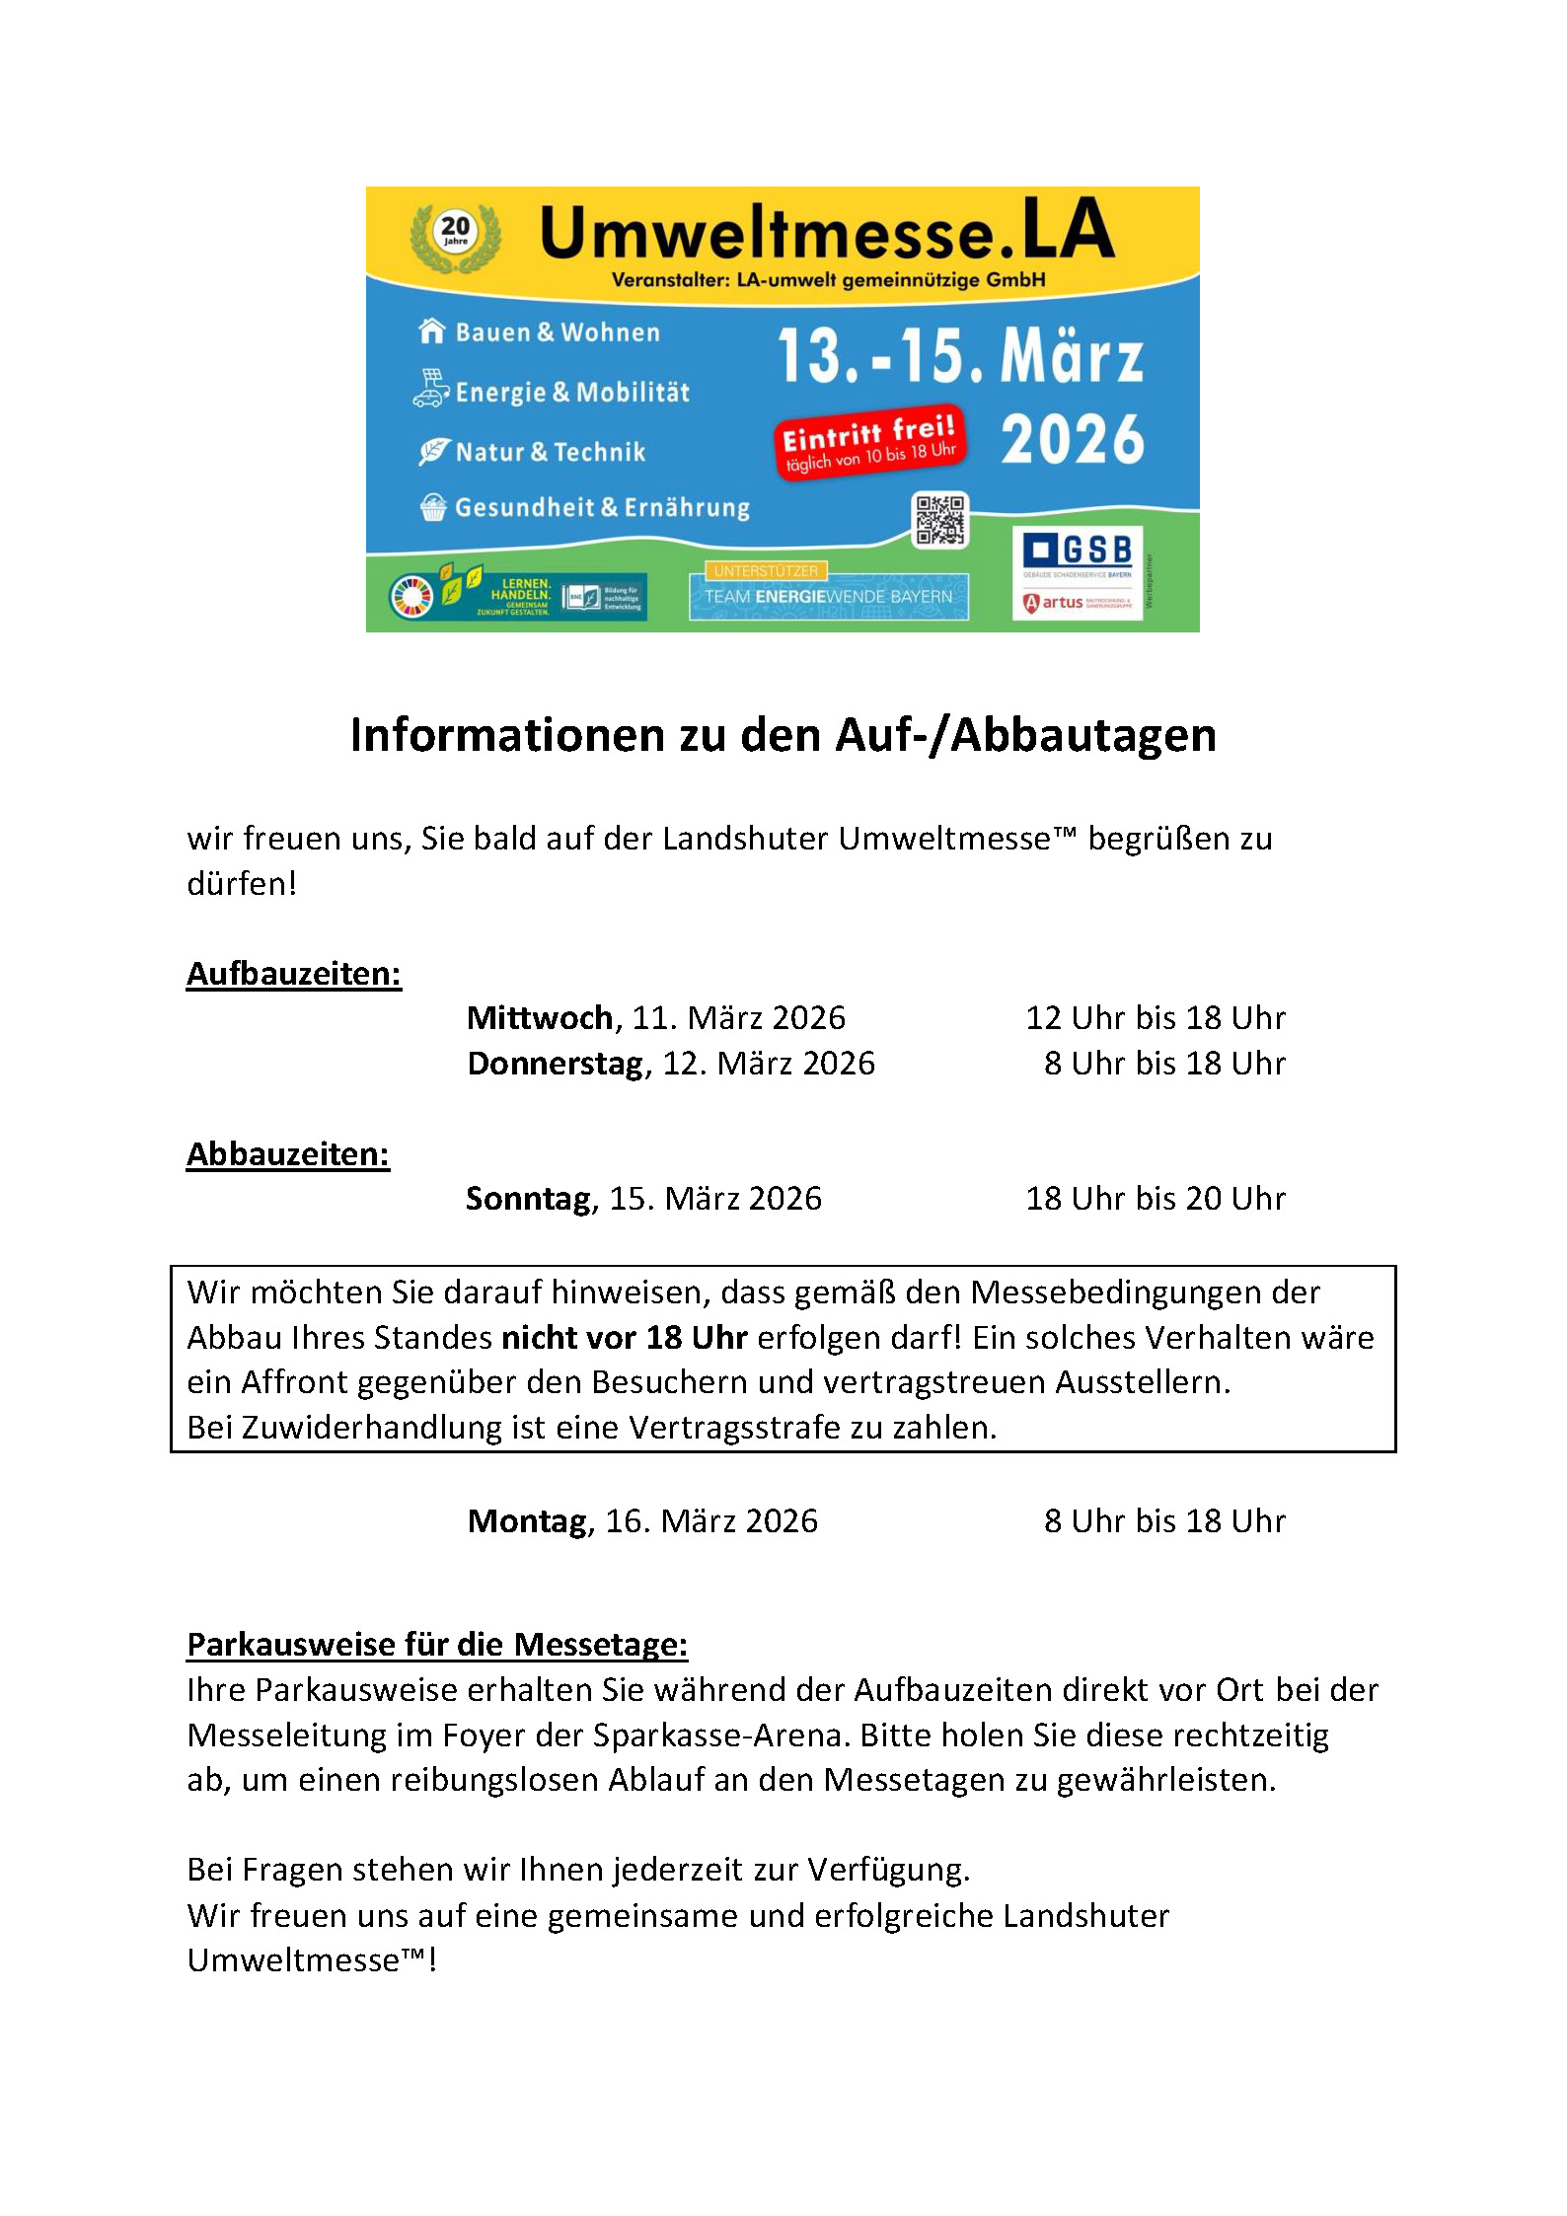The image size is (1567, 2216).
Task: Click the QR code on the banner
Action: click(x=939, y=519)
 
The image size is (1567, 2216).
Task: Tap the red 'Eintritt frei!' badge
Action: click(x=868, y=441)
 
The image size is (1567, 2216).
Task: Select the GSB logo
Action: click(x=1078, y=551)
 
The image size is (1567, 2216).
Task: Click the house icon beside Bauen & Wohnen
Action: click(x=431, y=332)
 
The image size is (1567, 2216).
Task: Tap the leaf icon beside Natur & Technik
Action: click(x=433, y=452)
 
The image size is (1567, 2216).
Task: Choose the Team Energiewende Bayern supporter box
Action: click(x=828, y=596)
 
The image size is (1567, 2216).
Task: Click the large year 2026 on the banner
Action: click(x=1073, y=440)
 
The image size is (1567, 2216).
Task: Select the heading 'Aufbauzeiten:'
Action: click(x=294, y=974)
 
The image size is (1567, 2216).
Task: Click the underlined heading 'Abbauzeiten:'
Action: click(x=288, y=1154)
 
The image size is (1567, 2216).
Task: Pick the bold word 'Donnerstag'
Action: click(x=556, y=1064)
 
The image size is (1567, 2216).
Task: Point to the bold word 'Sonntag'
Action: click(x=529, y=1199)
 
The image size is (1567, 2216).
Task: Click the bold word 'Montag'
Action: click(x=528, y=1521)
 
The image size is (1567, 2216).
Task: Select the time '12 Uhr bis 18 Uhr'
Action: click(x=1156, y=1018)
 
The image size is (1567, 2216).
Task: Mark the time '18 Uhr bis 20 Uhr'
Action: click(x=1156, y=1199)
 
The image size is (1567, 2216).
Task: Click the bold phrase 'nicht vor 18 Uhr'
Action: click(x=625, y=1338)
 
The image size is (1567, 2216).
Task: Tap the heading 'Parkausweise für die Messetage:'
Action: click(x=437, y=1645)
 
